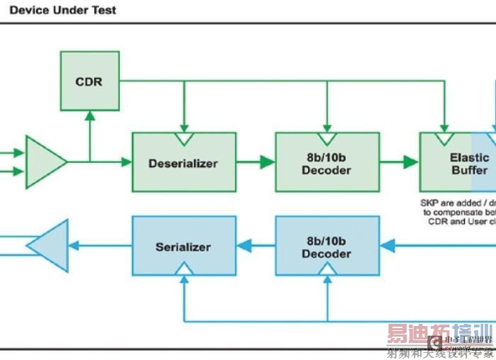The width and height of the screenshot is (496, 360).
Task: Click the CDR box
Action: tap(89, 81)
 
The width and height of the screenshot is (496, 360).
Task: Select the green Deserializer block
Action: tap(183, 162)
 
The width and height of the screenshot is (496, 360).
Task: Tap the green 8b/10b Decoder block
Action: tap(326, 162)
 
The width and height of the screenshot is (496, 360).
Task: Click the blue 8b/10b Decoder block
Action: tap(326, 246)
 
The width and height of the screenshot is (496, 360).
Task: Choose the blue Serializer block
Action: tap(183, 246)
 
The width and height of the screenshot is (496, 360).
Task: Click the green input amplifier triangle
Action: tap(45, 162)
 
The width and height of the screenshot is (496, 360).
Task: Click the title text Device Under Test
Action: tap(63, 10)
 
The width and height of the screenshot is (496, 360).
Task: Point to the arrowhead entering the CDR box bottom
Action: tap(89, 116)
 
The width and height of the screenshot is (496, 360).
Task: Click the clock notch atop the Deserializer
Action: tap(184, 137)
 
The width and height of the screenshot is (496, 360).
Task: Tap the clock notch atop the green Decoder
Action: tap(327, 137)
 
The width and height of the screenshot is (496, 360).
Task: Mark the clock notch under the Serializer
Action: tap(184, 270)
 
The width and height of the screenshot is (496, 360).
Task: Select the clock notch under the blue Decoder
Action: tap(327, 270)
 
